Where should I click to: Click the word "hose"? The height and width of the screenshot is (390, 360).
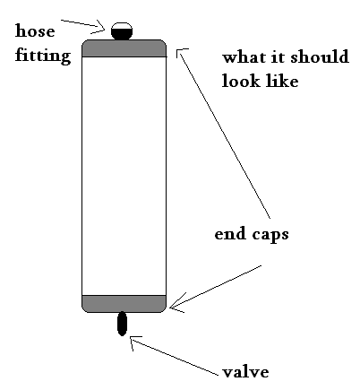[x=35, y=32]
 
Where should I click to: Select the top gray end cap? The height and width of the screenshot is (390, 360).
[x=124, y=48]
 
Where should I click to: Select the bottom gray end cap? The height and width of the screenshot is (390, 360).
[x=124, y=303]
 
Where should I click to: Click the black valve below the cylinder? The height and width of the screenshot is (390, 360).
[x=123, y=324]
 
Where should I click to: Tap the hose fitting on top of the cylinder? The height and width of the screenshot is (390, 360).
[x=123, y=30]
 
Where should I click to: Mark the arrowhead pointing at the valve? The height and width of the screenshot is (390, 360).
[x=134, y=339]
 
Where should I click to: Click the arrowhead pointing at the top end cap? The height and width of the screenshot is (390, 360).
[x=179, y=51]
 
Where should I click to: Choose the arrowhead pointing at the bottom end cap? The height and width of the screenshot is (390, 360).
[x=174, y=308]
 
